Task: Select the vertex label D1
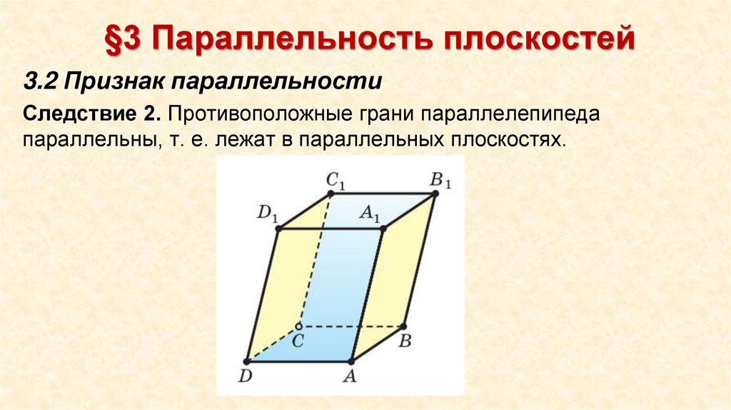[267, 213]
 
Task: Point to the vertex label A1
[370, 212]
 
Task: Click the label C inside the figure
[298, 341]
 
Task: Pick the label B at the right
[405, 341]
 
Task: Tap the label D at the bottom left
[245, 377]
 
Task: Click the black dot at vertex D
[247, 361]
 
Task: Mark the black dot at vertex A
[351, 361]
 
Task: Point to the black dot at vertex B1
[435, 194]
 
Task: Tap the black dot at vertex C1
[331, 194]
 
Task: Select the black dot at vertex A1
[383, 229]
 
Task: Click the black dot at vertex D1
[279, 229]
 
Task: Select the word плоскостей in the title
[539, 39]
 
